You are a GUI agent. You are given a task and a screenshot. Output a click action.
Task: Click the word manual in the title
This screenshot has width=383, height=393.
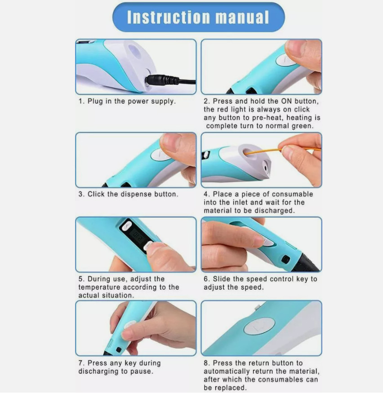click(x=242, y=17)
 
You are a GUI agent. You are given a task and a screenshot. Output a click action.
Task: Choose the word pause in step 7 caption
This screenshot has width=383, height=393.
click(x=141, y=371)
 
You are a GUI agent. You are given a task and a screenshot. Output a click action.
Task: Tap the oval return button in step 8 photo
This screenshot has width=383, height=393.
click(x=259, y=326)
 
